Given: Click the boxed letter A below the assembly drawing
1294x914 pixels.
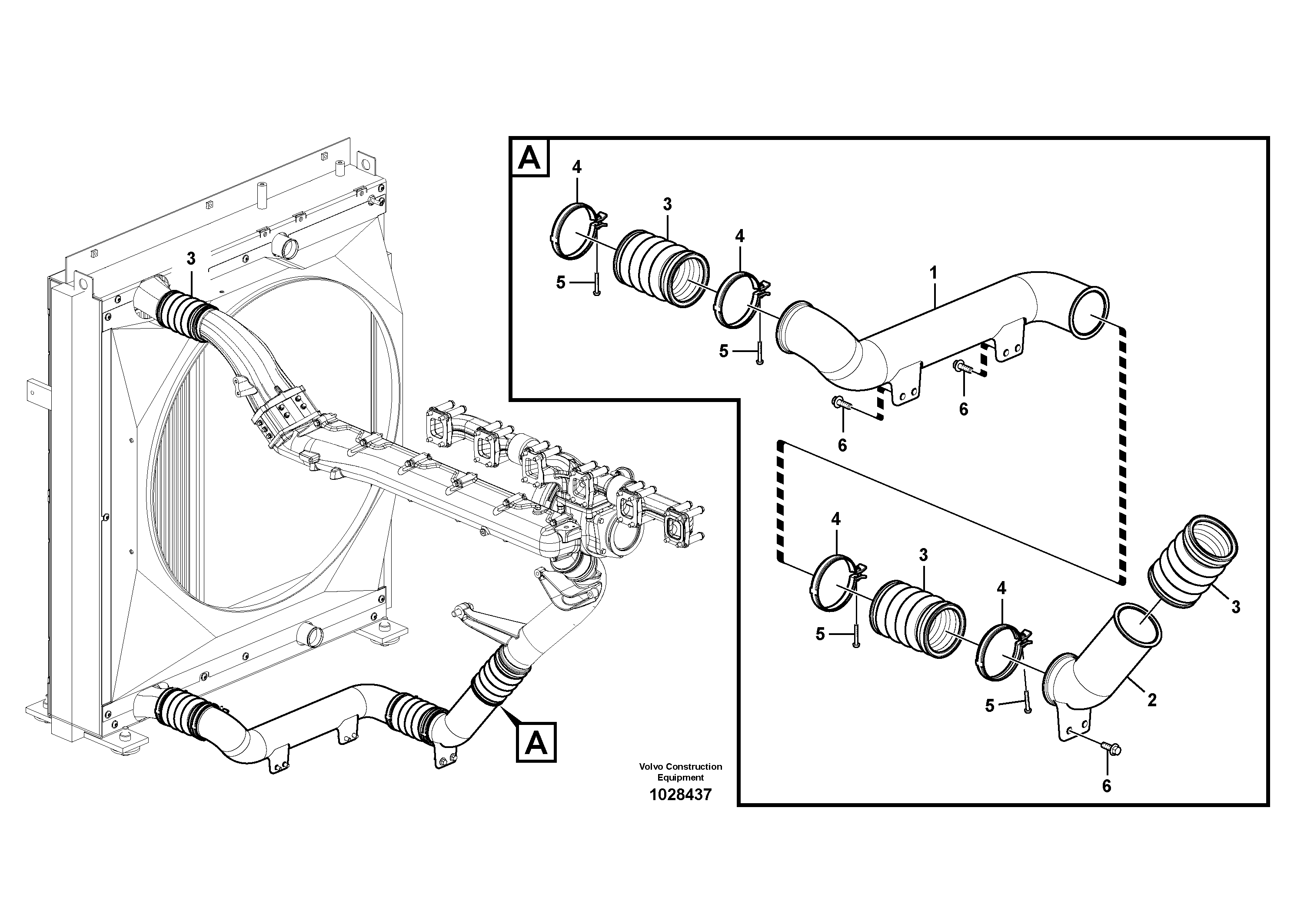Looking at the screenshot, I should tap(536, 742).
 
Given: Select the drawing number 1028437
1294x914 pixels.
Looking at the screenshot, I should tap(680, 795).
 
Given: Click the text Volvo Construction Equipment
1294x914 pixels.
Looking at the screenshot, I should tap(680, 771).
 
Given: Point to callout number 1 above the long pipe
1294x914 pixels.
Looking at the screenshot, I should tap(933, 273).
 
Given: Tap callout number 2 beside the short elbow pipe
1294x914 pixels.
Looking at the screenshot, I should tap(1151, 700).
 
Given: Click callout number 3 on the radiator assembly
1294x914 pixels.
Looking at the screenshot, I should tap(191, 259).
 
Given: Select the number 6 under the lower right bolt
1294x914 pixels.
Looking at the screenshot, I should tap(1106, 786).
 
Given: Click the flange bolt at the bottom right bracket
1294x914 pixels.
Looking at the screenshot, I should tap(1110, 749).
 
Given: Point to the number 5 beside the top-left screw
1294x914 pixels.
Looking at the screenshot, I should tap(560, 283).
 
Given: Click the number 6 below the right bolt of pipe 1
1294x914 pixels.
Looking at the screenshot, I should tap(963, 409).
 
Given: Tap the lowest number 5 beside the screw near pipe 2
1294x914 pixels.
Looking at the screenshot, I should tap(990, 705).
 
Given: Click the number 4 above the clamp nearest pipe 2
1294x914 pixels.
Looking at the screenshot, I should tap(1001, 589).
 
